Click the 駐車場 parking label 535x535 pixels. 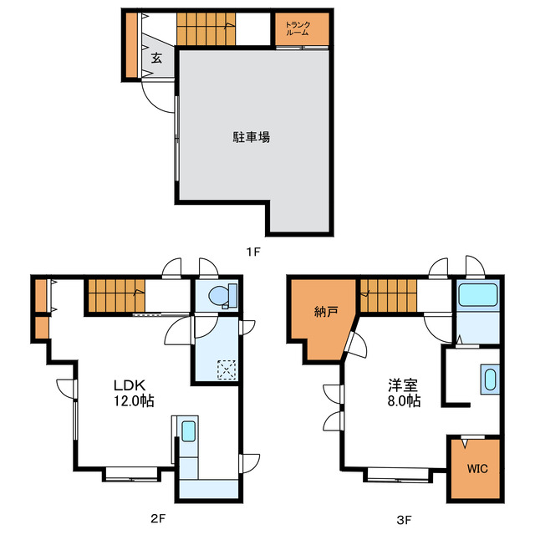click(251, 138)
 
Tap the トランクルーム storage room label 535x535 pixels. click(298, 29)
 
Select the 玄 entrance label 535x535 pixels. click(156, 59)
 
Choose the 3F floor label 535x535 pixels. click(404, 519)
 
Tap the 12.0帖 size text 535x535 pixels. click(134, 401)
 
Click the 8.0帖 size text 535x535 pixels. click(404, 401)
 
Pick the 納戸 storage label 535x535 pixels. click(326, 313)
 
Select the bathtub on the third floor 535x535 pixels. click(478, 294)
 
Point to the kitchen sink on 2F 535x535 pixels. click(188, 431)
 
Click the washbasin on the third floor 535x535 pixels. click(489, 379)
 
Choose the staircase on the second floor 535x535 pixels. click(115, 296)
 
